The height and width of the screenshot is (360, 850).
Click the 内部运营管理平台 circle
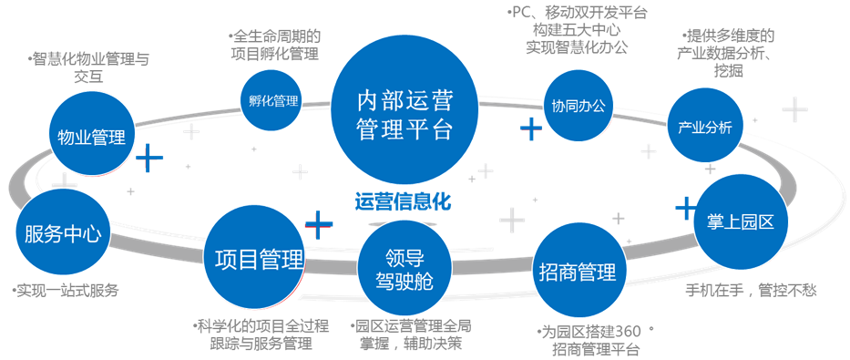click(x=405, y=113)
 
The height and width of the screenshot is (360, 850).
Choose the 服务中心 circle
click(x=62, y=234)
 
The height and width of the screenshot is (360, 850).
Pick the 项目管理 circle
click(x=259, y=259)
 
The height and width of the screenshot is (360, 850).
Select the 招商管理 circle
click(x=578, y=272)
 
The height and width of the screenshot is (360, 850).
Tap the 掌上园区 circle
click(x=740, y=222)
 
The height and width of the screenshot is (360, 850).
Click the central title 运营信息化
click(x=403, y=201)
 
